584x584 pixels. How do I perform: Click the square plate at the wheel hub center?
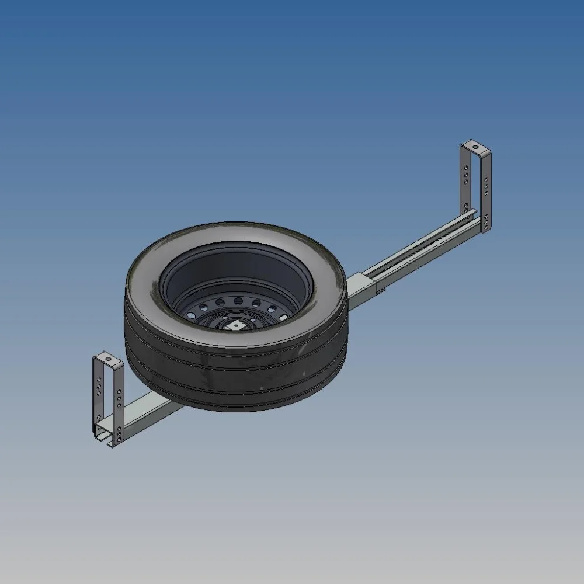click(x=236, y=325)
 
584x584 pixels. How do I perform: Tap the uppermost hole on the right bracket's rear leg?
click(x=466, y=168)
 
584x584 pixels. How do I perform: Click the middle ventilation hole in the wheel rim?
click(x=238, y=301)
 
